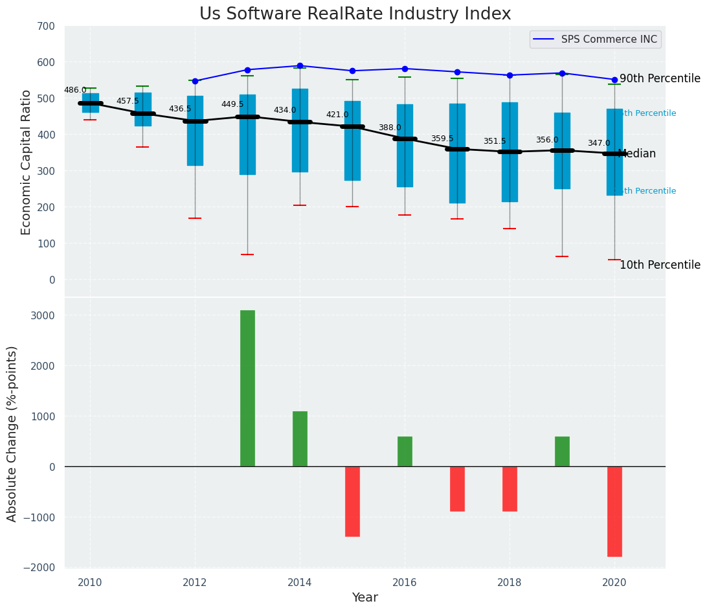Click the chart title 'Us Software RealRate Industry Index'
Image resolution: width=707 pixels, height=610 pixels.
pyautogui.click(x=355, y=14)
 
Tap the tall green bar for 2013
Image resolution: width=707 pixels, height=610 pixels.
pyautogui.click(x=247, y=388)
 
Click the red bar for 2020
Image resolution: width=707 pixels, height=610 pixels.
pyautogui.click(x=614, y=511)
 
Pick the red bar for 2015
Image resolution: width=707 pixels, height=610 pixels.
pyautogui.click(x=352, y=501)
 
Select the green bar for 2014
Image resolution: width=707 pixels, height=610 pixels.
pyautogui.click(x=300, y=438)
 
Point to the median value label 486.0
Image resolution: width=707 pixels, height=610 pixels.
pyautogui.click(x=75, y=90)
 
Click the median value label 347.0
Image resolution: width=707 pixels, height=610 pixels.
pyautogui.click(x=599, y=143)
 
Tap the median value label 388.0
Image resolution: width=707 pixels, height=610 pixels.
pyautogui.click(x=390, y=128)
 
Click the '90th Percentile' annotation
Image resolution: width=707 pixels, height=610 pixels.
pyautogui.click(x=660, y=79)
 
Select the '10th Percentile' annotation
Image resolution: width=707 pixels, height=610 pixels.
pyautogui.click(x=660, y=265)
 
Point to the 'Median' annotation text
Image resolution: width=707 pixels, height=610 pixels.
pyautogui.click(x=638, y=154)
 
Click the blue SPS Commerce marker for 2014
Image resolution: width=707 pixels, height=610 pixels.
pyautogui.click(x=300, y=65)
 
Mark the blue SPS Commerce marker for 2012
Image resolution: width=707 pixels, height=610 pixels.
pyautogui.click(x=195, y=81)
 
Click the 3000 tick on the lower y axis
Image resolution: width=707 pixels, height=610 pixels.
pyautogui.click(x=41, y=315)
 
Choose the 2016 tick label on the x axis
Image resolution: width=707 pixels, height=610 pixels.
pyautogui.click(x=405, y=583)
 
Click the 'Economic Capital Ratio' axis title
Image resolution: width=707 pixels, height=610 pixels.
pyautogui.click(x=27, y=163)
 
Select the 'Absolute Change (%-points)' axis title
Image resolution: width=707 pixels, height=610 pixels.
pyautogui.click(x=12, y=433)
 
